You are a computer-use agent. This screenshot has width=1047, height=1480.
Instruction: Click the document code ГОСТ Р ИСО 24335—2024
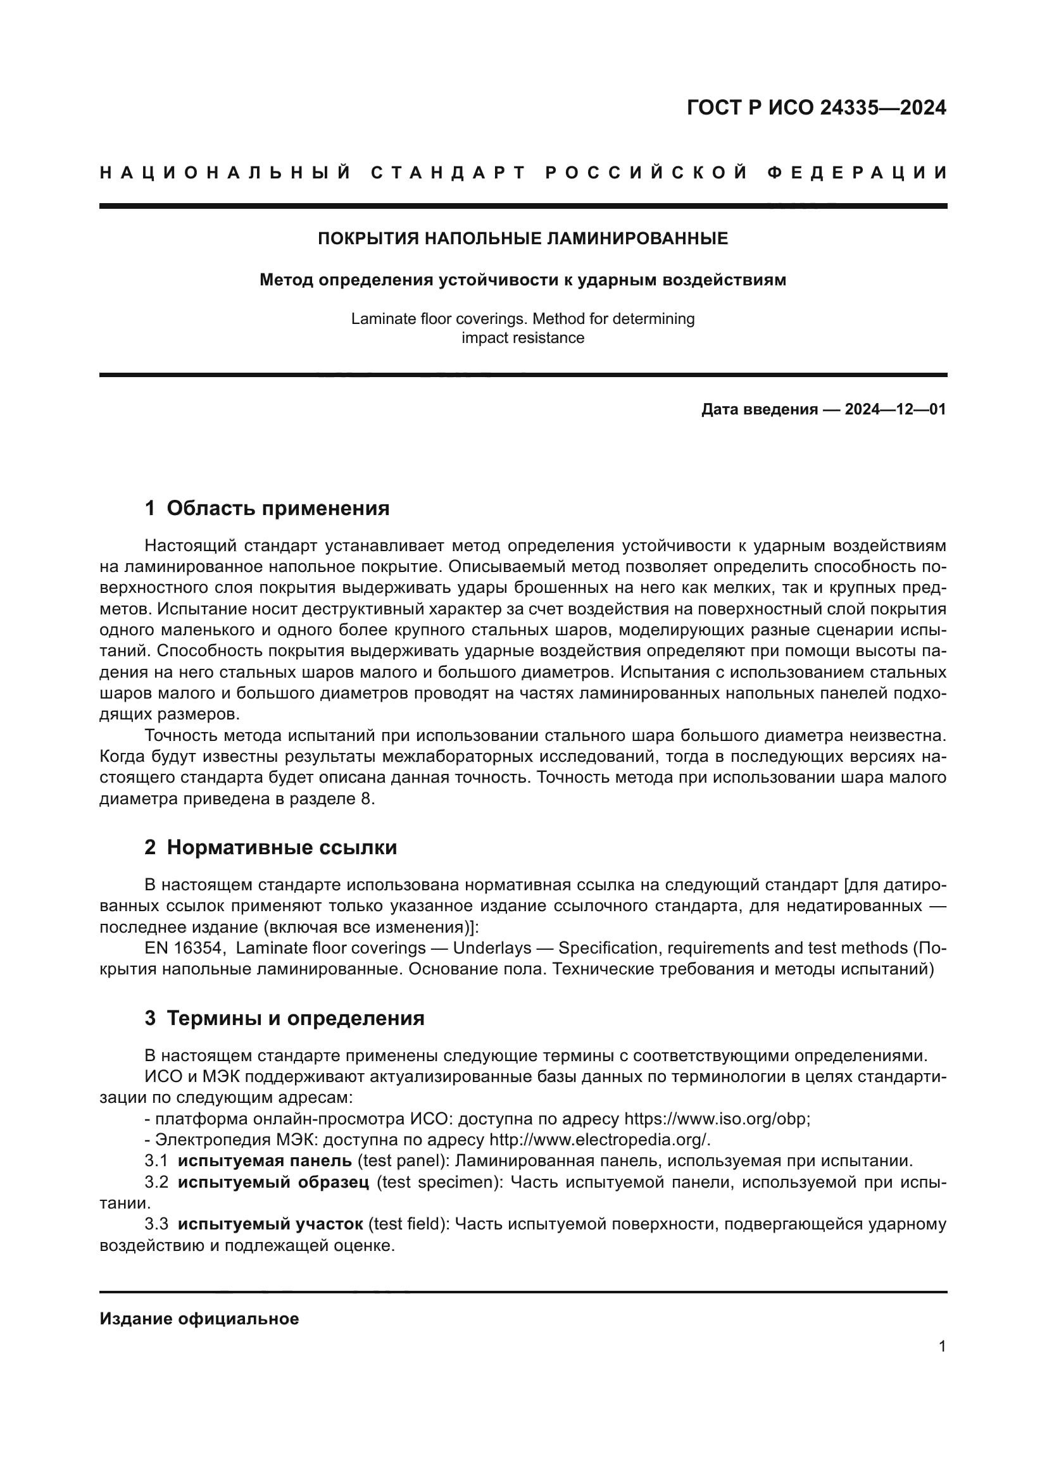[816, 108]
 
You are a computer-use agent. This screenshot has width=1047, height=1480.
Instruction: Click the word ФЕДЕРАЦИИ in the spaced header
[857, 173]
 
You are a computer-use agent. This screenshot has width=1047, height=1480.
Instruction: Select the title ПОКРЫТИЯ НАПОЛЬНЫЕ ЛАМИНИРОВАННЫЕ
[523, 239]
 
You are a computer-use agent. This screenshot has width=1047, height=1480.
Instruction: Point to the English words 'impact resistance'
[523, 338]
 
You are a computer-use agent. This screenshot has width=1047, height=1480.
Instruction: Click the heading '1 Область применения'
[267, 508]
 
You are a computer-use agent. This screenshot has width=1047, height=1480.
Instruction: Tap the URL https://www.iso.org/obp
[717, 1118]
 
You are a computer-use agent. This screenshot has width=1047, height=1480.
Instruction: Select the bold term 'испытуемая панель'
[265, 1161]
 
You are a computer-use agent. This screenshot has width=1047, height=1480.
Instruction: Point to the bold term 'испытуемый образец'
[273, 1182]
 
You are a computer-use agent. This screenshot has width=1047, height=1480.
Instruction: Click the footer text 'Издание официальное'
[199, 1318]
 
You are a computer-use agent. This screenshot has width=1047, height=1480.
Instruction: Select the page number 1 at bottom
[942, 1346]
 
